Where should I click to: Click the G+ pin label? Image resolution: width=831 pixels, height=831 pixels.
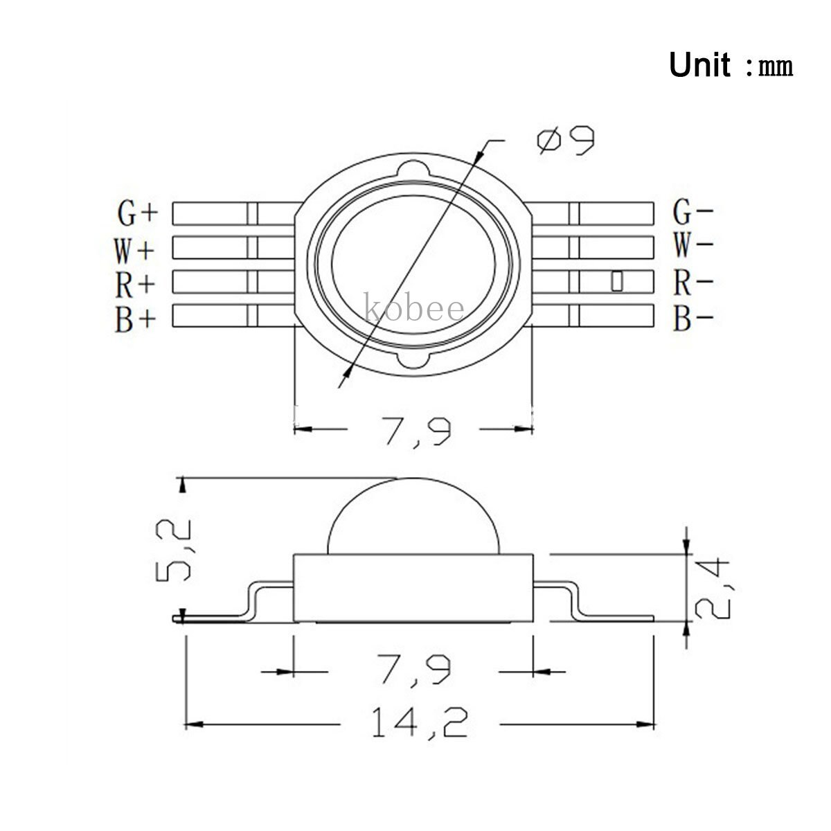pyautogui.click(x=137, y=214)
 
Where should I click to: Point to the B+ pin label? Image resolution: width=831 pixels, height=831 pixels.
pyautogui.click(x=136, y=319)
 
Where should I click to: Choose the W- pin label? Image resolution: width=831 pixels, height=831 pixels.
pyautogui.click(x=693, y=246)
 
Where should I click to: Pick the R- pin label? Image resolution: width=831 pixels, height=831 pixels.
pyautogui.click(x=693, y=283)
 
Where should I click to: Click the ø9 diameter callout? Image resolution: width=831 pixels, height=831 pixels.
pyautogui.click(x=565, y=140)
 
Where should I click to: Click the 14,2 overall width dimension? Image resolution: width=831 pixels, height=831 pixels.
pyautogui.click(x=419, y=724)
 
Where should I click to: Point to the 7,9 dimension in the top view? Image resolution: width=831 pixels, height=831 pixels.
pyautogui.click(x=413, y=429)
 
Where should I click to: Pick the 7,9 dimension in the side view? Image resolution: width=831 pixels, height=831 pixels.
pyautogui.click(x=413, y=671)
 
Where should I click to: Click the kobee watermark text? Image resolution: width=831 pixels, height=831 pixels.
pyautogui.click(x=413, y=307)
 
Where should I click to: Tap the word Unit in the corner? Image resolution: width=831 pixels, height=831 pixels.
pyautogui.click(x=699, y=66)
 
